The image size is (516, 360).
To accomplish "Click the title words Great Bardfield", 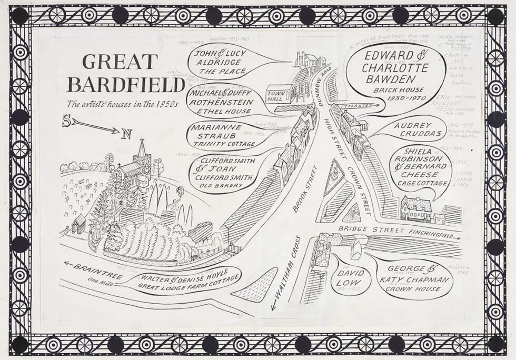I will coord(119,73).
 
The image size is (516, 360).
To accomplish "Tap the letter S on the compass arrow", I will coord(67,120).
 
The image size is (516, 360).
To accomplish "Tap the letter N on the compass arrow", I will coord(126,135).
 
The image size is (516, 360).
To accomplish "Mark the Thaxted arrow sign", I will coord(365,106).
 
